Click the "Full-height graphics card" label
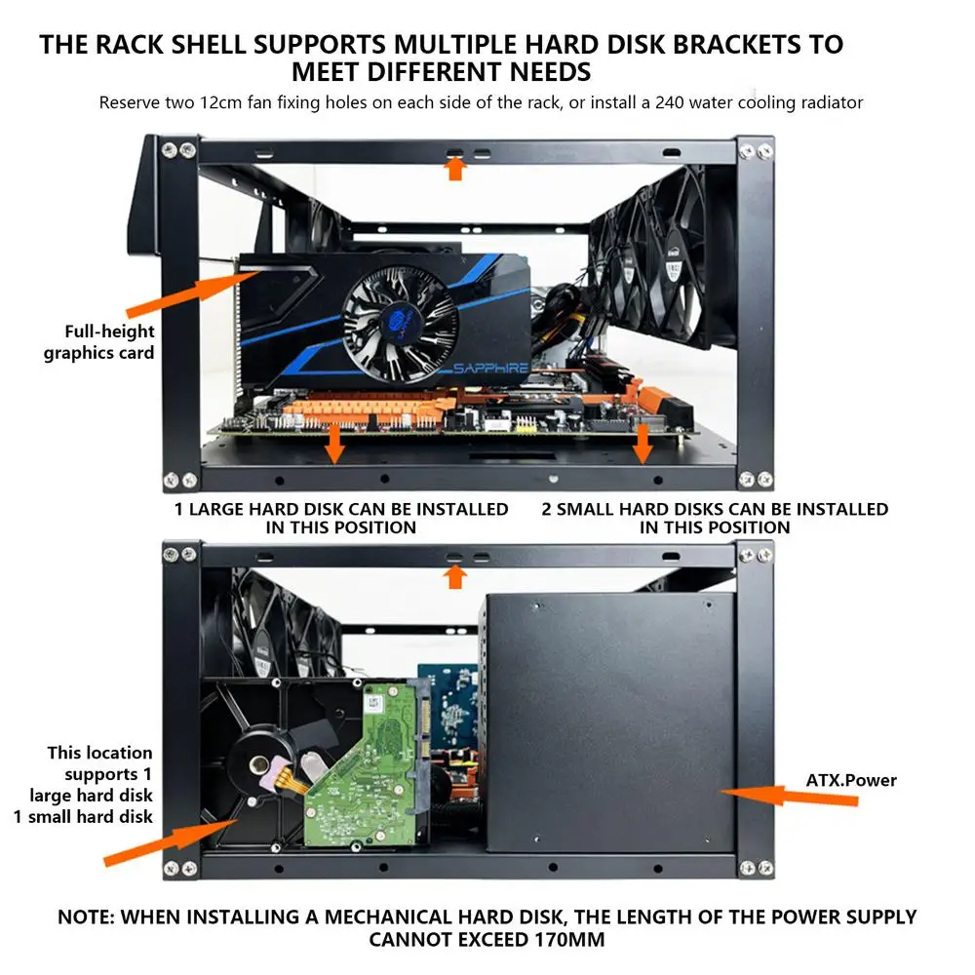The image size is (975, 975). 98,342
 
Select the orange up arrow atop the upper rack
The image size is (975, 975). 454,169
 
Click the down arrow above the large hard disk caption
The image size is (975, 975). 334,444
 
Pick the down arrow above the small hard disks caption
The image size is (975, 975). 642,444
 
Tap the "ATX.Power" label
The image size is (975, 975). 851,780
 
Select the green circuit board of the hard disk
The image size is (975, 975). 366,770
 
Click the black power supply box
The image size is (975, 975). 609,721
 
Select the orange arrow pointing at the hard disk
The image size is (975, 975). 166,843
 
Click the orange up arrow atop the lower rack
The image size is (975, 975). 454,576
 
